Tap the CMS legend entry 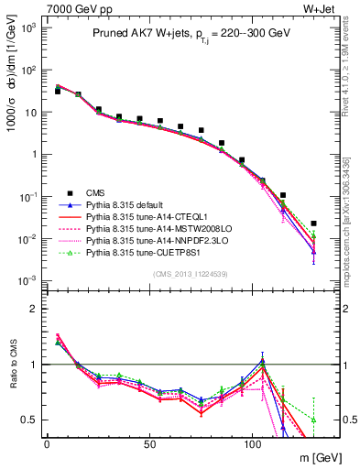click(x=96, y=192)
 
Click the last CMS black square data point click(x=313, y=224)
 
